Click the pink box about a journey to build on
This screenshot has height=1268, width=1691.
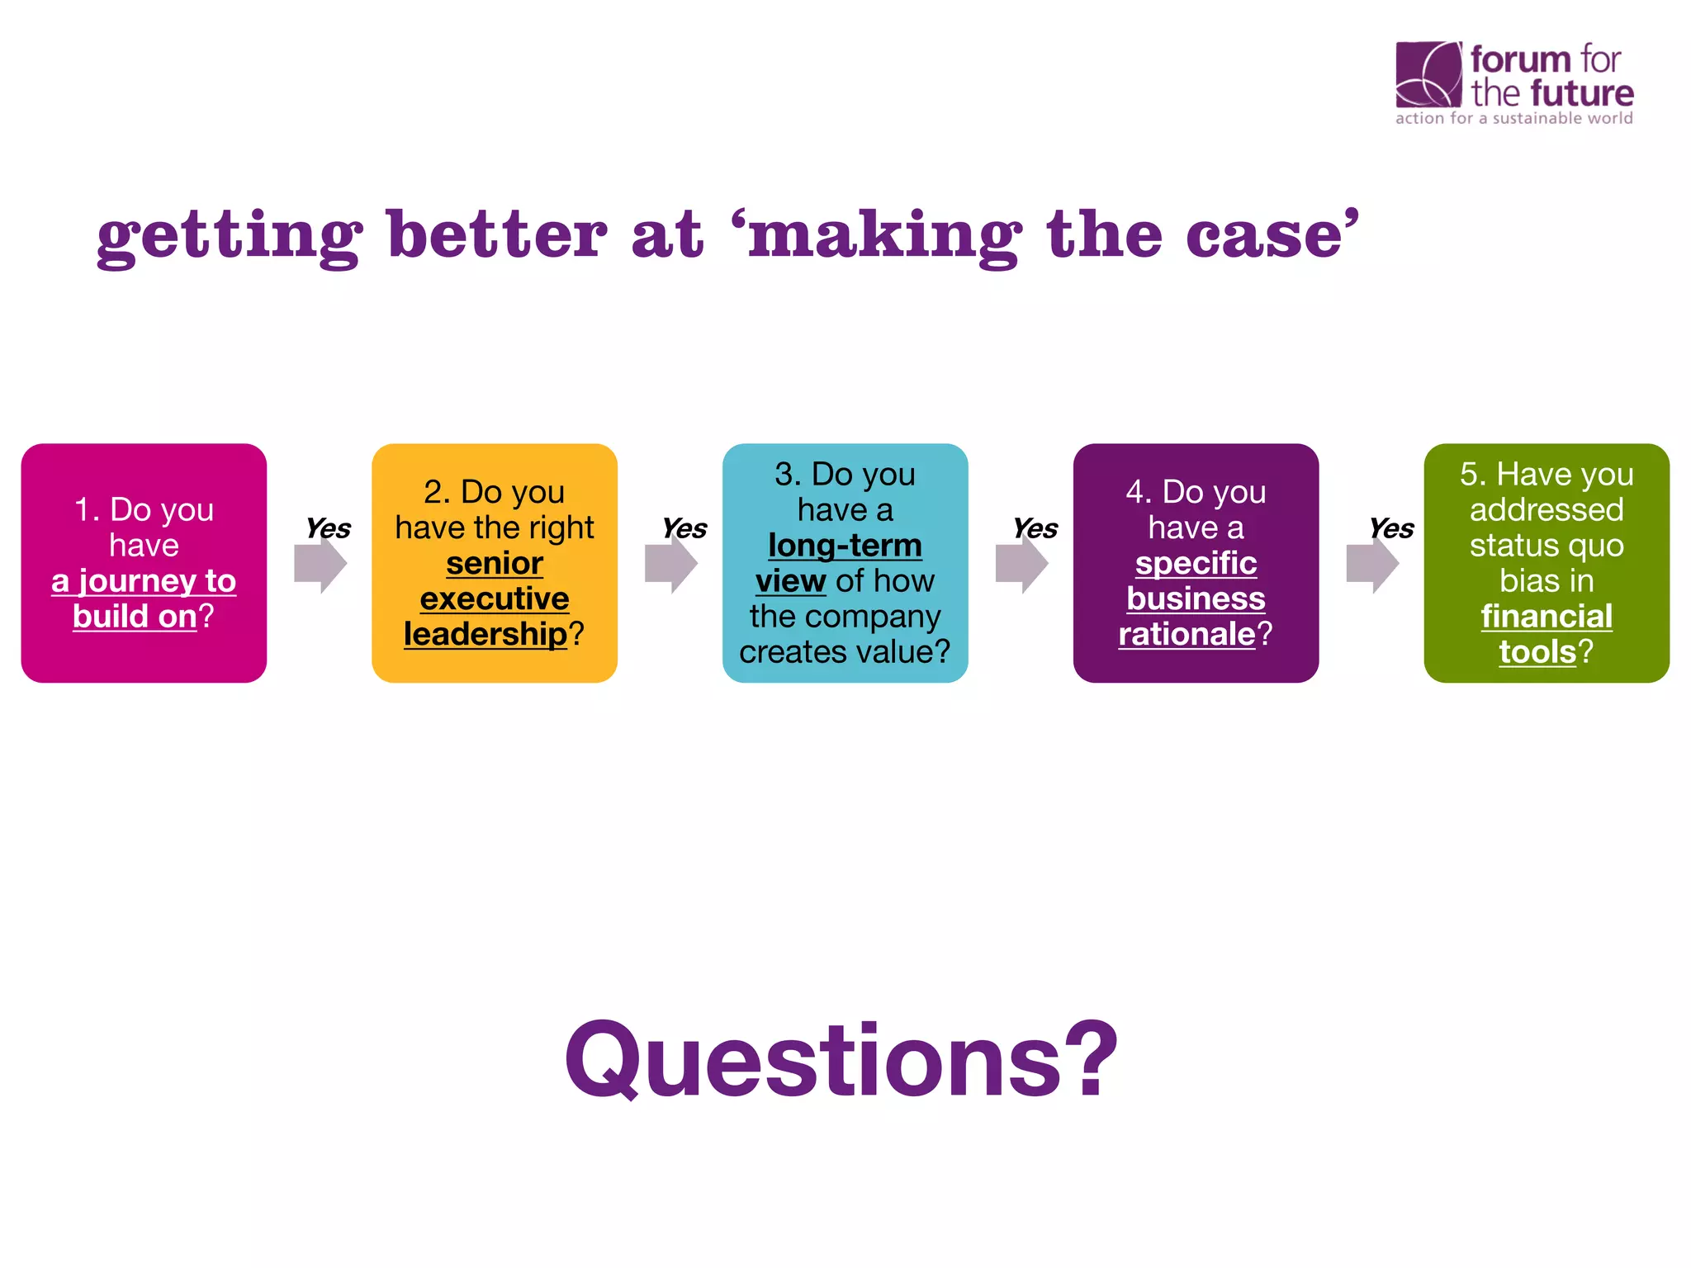coord(144,563)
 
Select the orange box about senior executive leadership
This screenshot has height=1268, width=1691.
coord(495,563)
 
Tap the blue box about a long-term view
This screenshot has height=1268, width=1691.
coord(845,563)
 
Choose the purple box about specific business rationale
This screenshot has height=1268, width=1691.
coord(1196,563)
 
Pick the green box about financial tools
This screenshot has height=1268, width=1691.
coord(1547,563)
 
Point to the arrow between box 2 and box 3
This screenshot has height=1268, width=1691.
coord(671,565)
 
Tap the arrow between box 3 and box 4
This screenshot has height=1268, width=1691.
coord(1022,565)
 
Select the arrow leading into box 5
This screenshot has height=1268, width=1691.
coord(1372,565)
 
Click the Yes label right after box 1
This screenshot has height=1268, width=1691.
coord(328,528)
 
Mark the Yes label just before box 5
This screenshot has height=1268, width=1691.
coord(1391,528)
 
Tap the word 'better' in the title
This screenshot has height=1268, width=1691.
coord(497,235)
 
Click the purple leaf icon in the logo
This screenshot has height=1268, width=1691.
coord(1428,74)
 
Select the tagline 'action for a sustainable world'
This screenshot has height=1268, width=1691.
coord(1514,118)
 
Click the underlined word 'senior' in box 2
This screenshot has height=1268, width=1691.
coord(495,564)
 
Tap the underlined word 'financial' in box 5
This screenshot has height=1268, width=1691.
coord(1547,617)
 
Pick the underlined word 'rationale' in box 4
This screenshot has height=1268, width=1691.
coord(1187,634)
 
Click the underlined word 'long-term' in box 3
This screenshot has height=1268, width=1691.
coord(845,546)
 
